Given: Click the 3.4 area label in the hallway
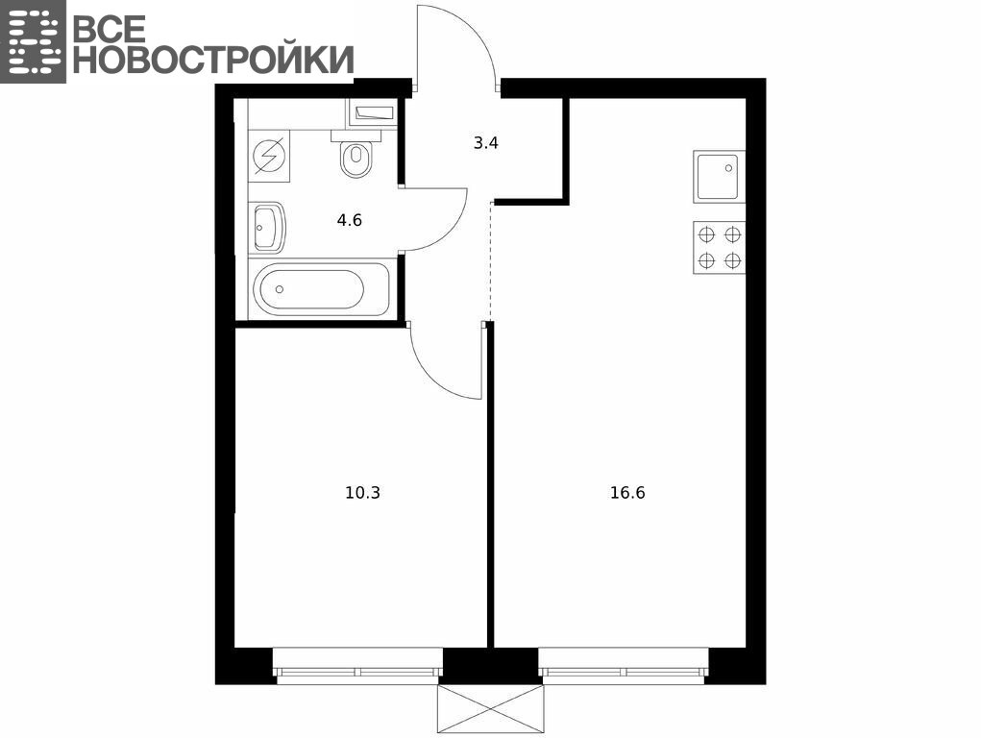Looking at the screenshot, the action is [485, 143].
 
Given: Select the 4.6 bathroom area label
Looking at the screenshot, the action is [349, 220].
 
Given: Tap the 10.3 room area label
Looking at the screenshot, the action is [363, 493].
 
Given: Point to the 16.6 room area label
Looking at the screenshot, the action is [627, 493].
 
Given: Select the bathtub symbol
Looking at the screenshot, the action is [321, 289].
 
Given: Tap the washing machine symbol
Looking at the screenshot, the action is [270, 156].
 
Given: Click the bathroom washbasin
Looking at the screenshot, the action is [268, 227].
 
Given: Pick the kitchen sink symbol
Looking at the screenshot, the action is [720, 177].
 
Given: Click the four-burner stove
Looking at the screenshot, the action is [720, 247].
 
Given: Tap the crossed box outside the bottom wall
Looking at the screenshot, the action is [491, 708].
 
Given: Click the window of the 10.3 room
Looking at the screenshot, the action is [358, 664].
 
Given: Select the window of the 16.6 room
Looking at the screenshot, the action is [624, 664].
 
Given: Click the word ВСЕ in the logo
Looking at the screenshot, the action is [110, 28].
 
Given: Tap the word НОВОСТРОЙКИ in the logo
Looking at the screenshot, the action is [214, 60].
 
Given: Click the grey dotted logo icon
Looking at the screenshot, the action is [33, 41].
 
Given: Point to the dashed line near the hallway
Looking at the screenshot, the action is [492, 263].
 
